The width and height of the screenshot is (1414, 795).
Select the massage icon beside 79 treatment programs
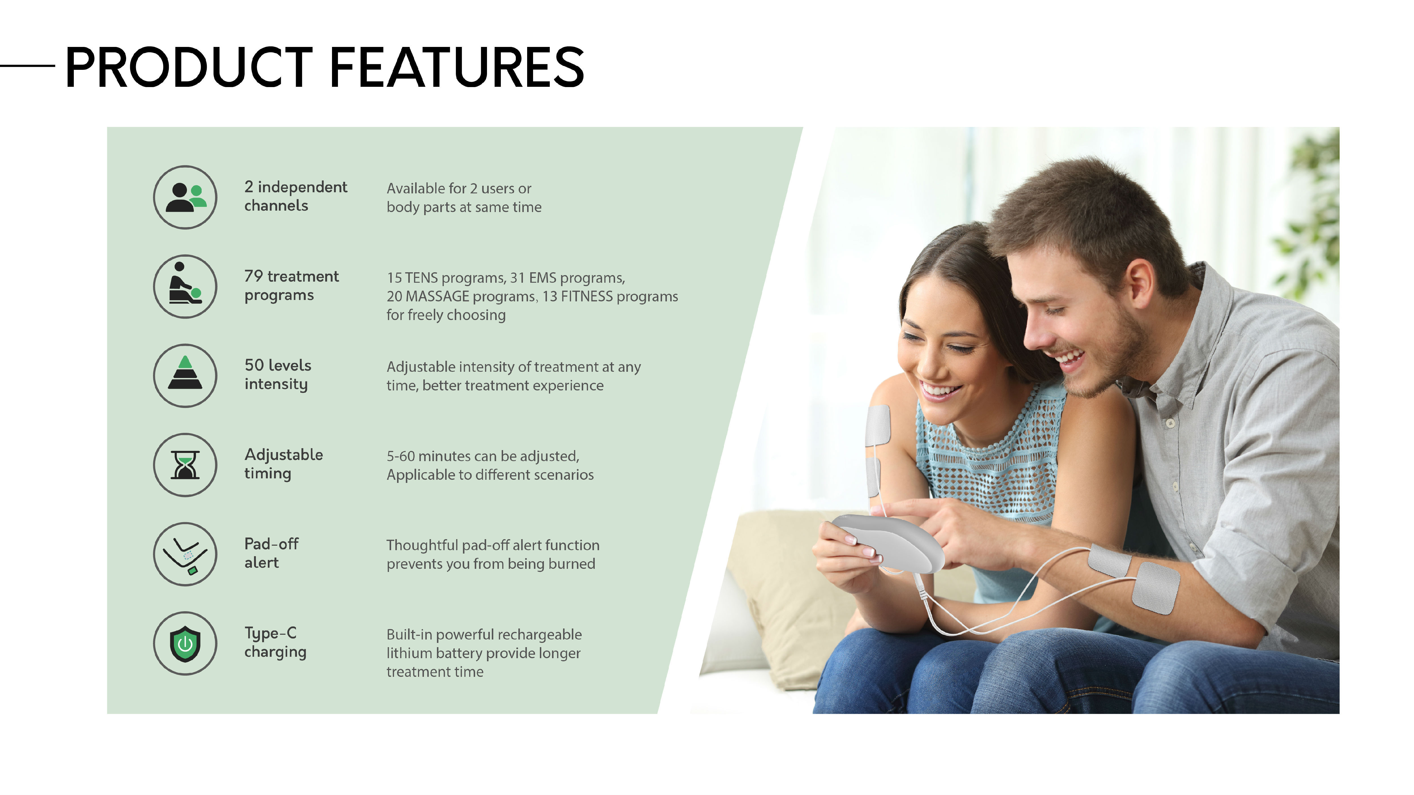click(x=185, y=286)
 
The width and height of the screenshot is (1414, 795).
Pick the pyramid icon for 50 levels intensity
click(x=185, y=376)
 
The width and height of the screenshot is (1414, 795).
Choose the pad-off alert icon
click(x=185, y=554)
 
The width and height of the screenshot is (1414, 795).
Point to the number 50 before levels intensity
click(x=254, y=365)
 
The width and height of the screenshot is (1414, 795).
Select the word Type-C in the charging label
click(x=271, y=634)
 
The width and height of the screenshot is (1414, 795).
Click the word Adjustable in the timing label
click(x=284, y=455)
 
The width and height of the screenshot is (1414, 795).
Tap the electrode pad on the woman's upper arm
click(x=878, y=425)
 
